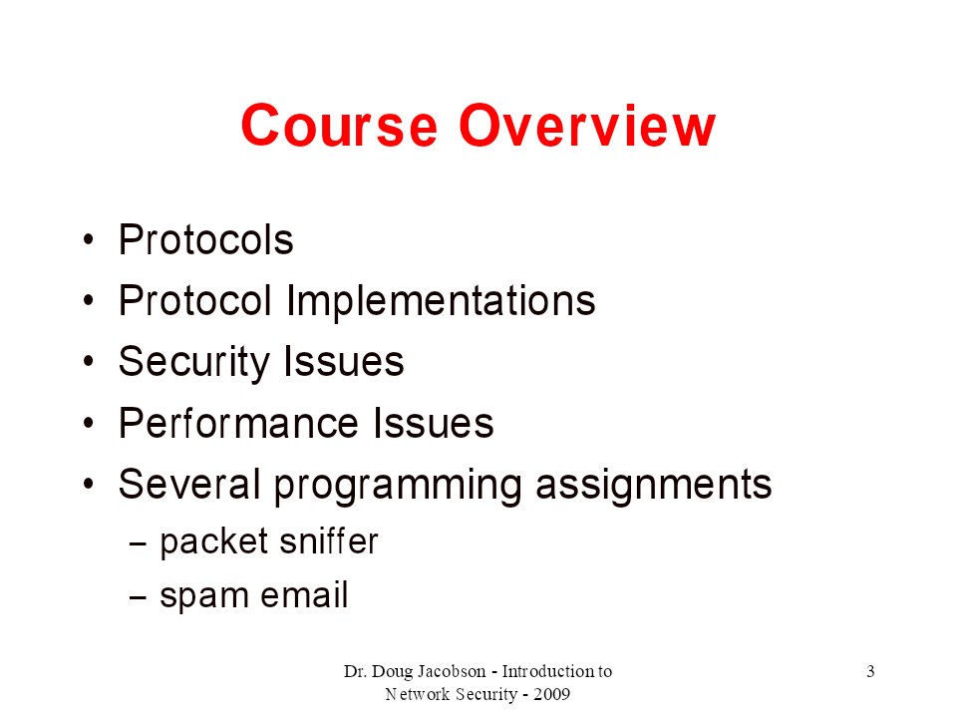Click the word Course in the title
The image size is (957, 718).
[339, 126]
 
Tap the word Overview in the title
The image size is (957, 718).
[587, 126]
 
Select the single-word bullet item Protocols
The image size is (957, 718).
[206, 239]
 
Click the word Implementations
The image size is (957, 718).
[441, 301]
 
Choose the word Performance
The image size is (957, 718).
[238, 423]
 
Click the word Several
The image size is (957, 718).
[189, 484]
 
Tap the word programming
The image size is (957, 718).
[398, 486]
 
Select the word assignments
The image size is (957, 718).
[654, 486]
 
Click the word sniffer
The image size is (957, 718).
[330, 540]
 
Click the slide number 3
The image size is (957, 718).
[870, 671]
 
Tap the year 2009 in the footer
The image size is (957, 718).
[551, 694]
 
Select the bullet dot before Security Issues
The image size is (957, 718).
[89, 361]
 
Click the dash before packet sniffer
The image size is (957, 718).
[138, 542]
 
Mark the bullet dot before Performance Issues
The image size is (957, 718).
[89, 423]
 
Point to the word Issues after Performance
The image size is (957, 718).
[433, 423]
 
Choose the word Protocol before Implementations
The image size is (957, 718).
[195, 300]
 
